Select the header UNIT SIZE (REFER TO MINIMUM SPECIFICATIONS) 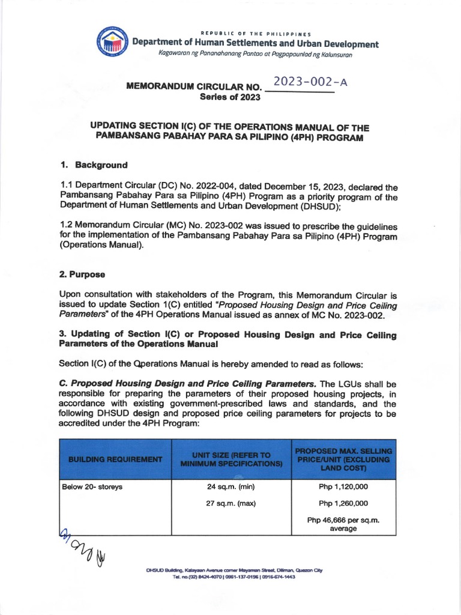pos(231,459)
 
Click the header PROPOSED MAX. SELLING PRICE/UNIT pos(343,459)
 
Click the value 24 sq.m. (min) pos(231,486)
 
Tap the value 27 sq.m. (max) pos(231,503)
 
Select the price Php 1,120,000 pos(343,486)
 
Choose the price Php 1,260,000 pos(343,503)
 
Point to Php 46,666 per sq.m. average pos(343,524)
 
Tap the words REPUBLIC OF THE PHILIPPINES pos(255,33)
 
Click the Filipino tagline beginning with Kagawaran pos(255,54)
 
